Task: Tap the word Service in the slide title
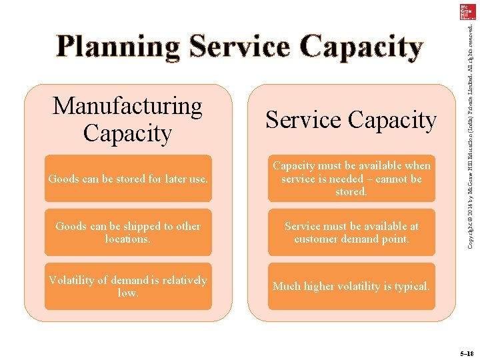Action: coord(241,47)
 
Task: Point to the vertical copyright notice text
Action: coord(471,133)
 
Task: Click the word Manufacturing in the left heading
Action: coord(127,105)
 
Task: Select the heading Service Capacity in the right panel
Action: coord(351,120)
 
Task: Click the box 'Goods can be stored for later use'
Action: coord(128,179)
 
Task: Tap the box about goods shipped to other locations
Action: coord(128,232)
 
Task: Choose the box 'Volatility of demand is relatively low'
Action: coord(128,286)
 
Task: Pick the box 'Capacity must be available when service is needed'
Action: coord(351,179)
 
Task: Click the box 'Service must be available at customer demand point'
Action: coord(351,232)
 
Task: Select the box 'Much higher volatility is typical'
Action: coord(351,286)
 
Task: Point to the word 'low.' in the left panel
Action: coord(128,293)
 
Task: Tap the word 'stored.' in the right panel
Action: coord(351,192)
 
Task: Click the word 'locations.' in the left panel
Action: coord(128,239)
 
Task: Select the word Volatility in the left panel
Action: coord(72,280)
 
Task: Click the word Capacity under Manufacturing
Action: coord(127,133)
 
